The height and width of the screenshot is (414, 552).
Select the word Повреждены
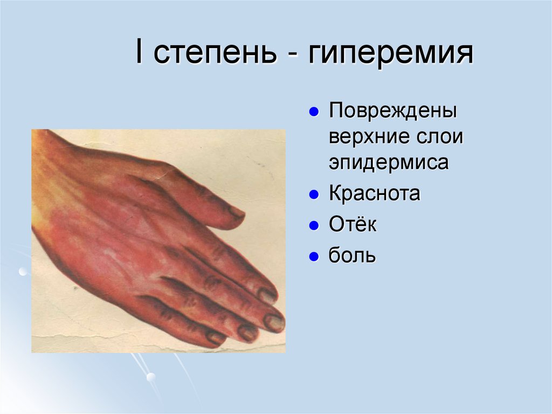tap(394, 113)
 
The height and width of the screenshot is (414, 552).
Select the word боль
tap(352, 255)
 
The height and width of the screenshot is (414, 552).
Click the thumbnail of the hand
tap(158, 241)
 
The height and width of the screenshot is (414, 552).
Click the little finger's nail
tap(216, 338)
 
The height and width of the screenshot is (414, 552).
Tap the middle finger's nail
tap(274, 322)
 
